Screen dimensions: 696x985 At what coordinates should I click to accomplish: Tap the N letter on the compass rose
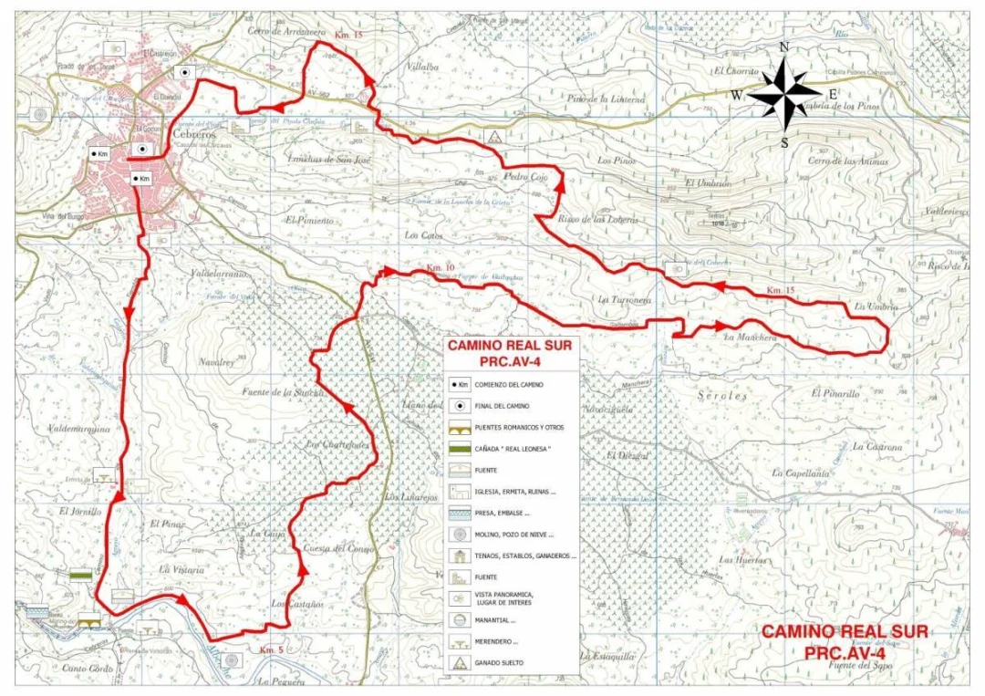pyautogui.click(x=783, y=47)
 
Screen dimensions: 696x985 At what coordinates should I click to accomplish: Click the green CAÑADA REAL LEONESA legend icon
pyautogui.click(x=460, y=448)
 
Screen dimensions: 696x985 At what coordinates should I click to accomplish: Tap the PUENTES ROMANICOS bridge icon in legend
pyautogui.click(x=460, y=428)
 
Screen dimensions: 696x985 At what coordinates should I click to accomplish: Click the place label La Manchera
pyautogui.click(x=750, y=338)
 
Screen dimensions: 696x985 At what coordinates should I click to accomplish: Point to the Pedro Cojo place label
pyautogui.click(x=525, y=178)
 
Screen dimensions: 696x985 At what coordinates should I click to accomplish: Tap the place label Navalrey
pyautogui.click(x=216, y=361)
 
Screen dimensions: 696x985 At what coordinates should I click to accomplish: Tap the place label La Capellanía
pyautogui.click(x=801, y=473)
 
